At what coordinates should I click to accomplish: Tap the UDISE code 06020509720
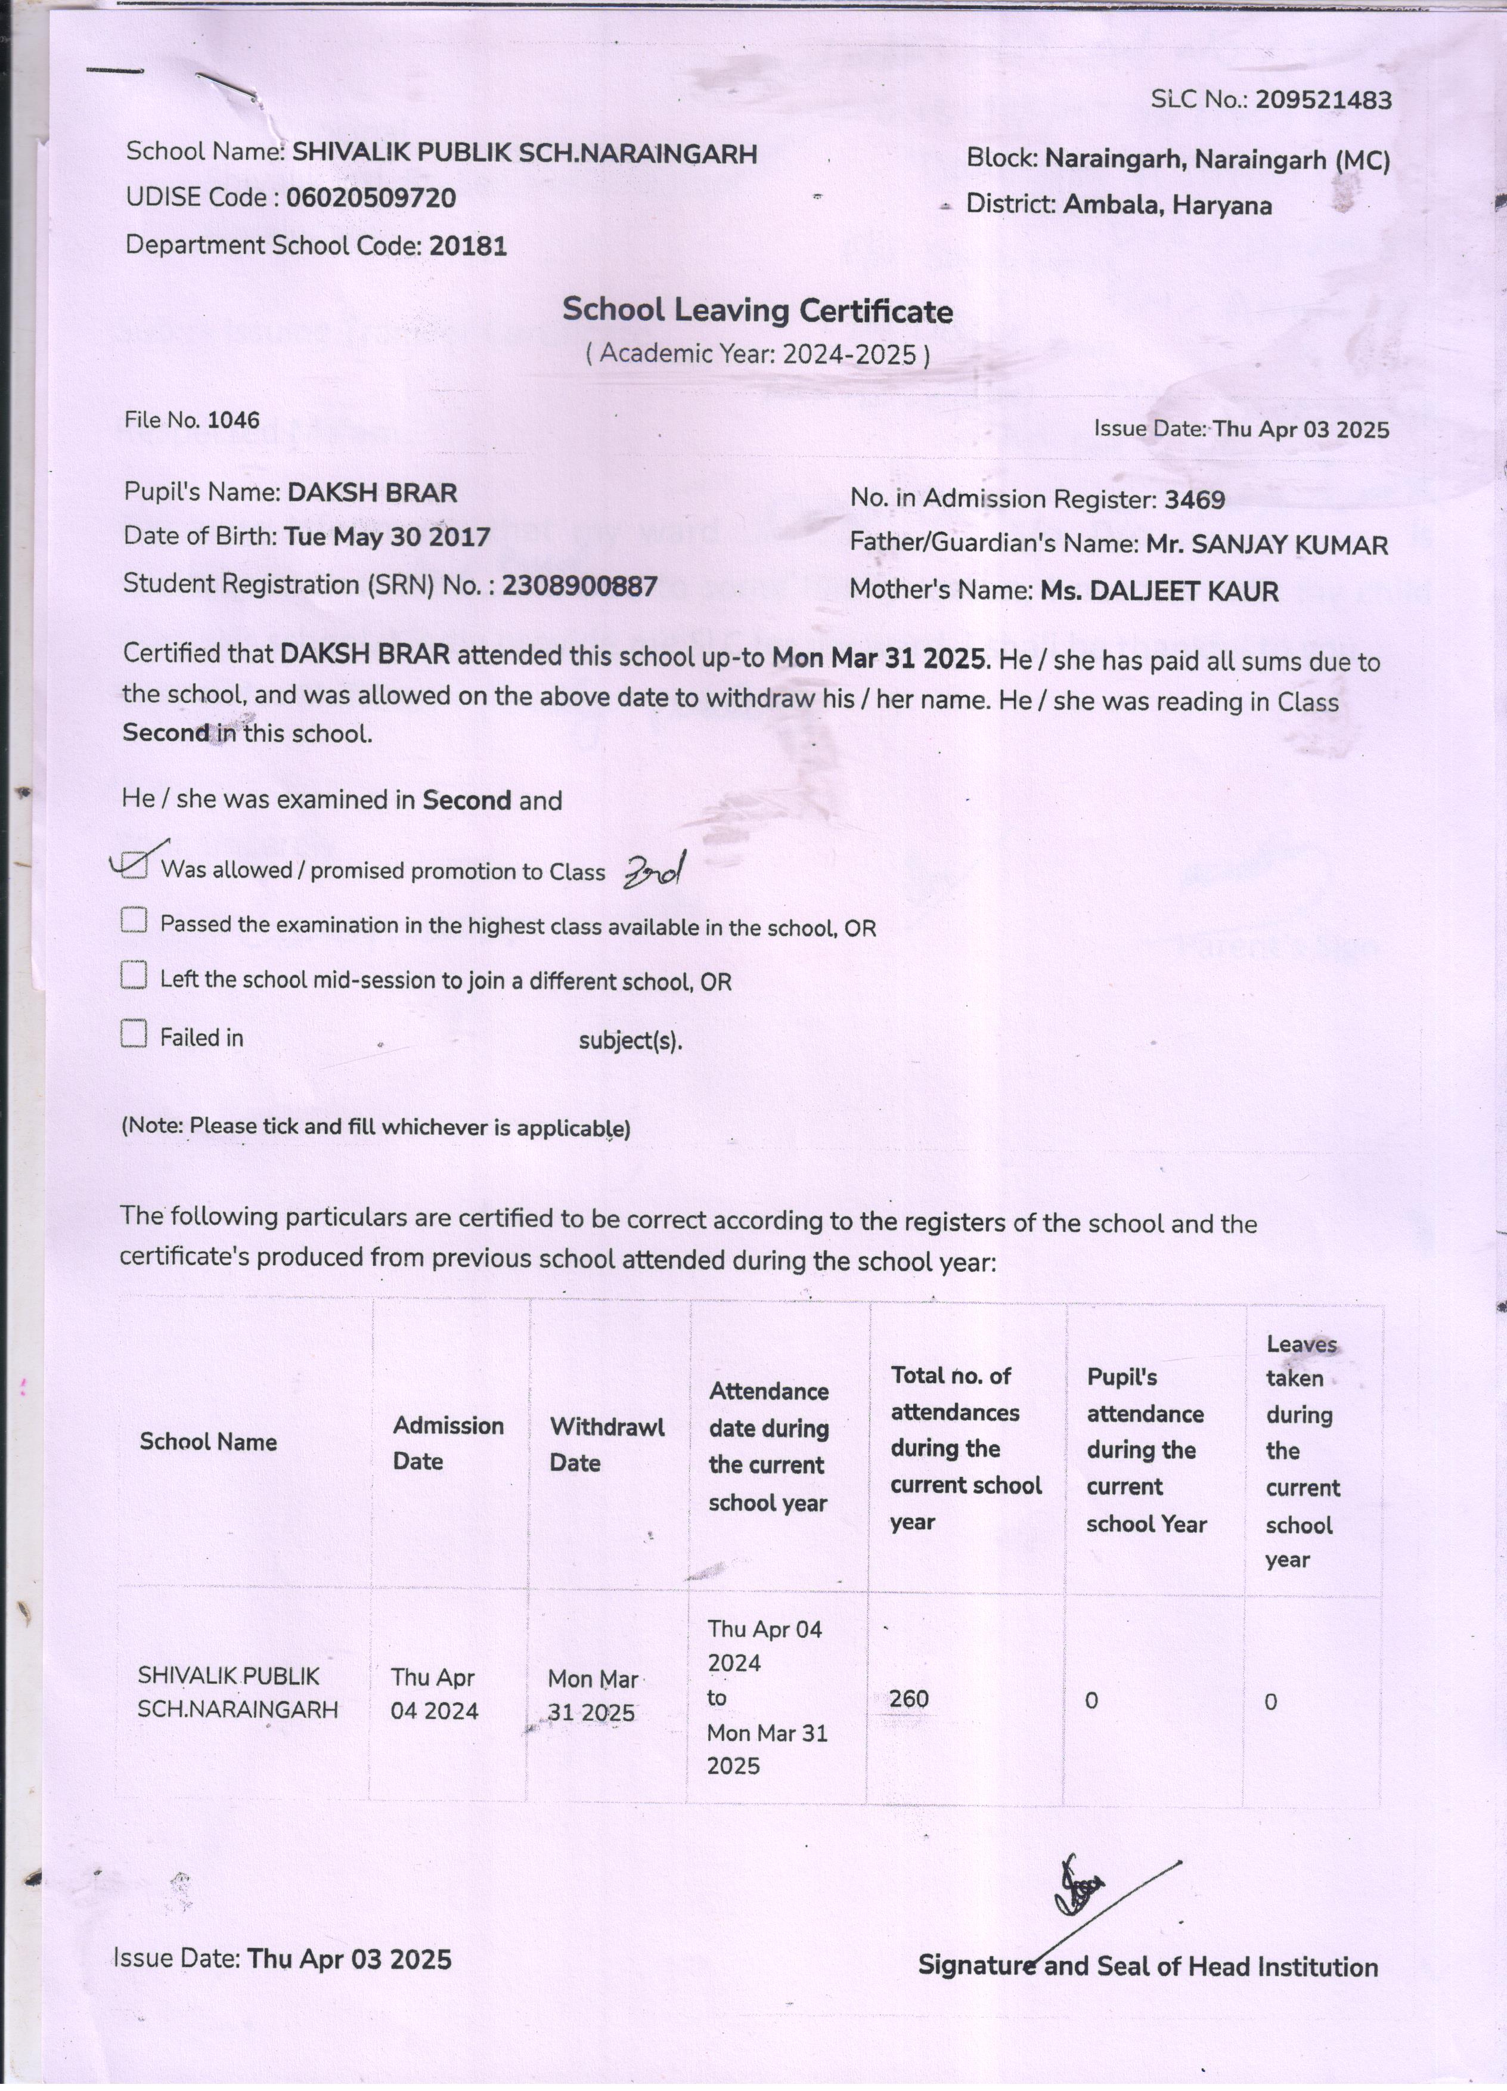click(x=371, y=198)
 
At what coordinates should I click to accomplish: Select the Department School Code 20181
click(x=468, y=246)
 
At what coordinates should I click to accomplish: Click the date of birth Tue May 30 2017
click(x=386, y=537)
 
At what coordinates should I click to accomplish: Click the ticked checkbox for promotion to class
click(x=135, y=866)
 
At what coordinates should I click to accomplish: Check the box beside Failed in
click(x=134, y=1034)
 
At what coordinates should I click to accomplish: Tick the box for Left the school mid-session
click(x=134, y=975)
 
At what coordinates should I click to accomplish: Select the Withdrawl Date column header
click(x=606, y=1445)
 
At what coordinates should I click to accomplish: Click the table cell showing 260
click(x=909, y=1698)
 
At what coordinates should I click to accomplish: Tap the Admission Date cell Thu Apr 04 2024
click(x=433, y=1694)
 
